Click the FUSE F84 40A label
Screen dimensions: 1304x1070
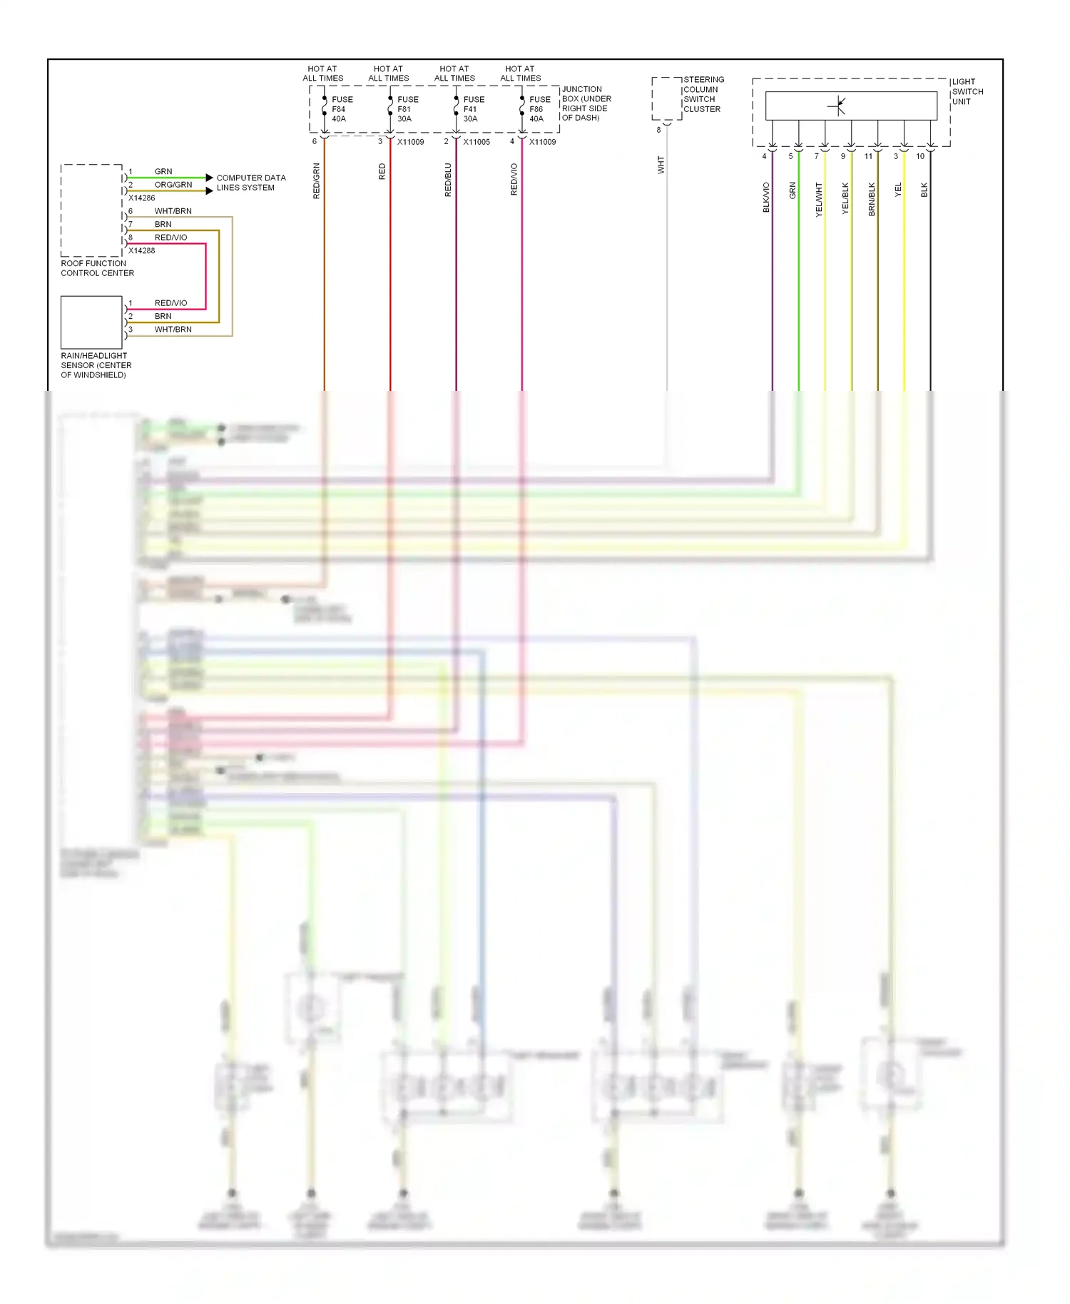341,109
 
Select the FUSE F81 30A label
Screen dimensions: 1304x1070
407,109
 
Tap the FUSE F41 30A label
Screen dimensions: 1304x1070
473,109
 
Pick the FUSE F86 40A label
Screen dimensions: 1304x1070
539,109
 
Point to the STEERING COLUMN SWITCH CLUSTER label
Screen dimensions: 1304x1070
703,94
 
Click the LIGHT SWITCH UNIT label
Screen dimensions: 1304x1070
967,91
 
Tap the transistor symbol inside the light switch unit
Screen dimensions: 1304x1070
838,106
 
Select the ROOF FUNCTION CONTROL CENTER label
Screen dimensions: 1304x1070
97,268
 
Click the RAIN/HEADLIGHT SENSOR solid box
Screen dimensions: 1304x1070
91,322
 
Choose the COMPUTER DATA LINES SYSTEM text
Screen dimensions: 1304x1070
250,183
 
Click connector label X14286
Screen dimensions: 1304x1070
141,198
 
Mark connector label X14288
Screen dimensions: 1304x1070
141,250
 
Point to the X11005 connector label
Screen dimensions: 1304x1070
476,142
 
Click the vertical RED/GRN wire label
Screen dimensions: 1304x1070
317,180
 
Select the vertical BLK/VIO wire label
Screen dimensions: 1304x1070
766,197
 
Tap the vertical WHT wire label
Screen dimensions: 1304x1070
661,165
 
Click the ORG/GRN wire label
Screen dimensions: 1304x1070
173,185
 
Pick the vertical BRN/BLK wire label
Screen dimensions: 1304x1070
872,198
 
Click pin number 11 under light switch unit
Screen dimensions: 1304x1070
868,156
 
